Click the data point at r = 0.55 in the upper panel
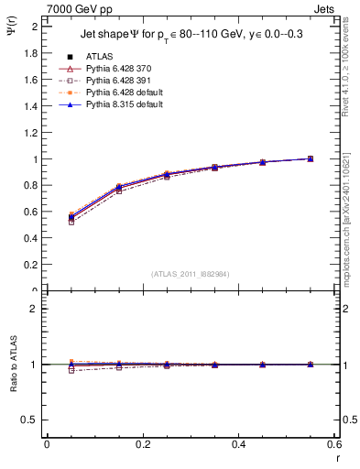[311, 158]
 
